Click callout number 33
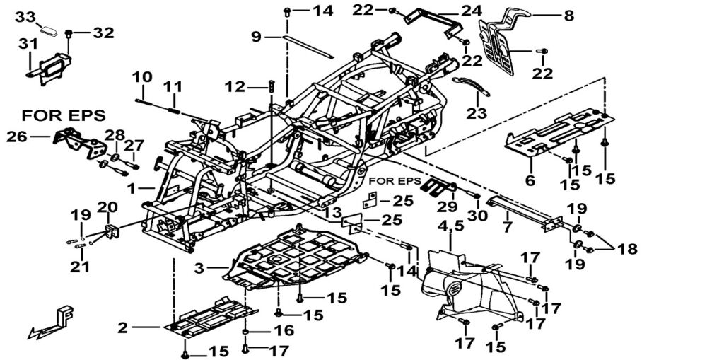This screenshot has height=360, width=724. click(x=25, y=16)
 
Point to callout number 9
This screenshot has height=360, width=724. click(x=256, y=36)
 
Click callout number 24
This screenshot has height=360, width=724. click(x=471, y=11)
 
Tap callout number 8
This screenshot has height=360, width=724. click(x=568, y=14)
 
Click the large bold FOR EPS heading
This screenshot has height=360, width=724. click(x=64, y=115)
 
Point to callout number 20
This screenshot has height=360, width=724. click(x=107, y=207)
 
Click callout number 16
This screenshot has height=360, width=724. click(x=284, y=330)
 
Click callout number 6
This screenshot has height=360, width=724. click(x=531, y=180)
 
